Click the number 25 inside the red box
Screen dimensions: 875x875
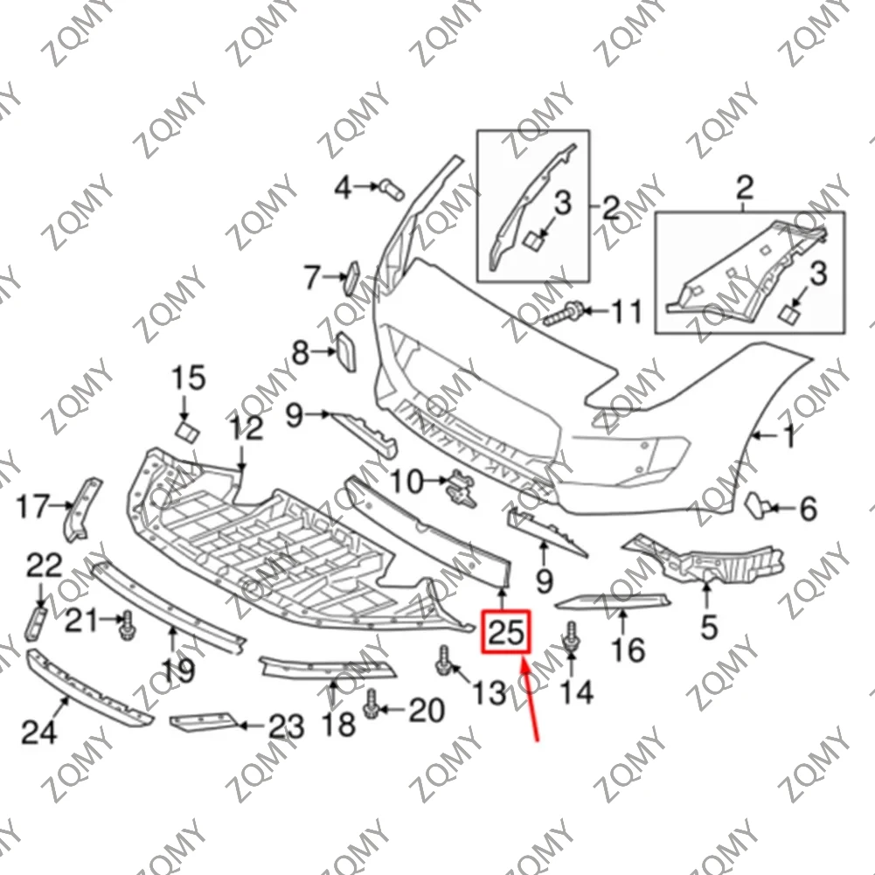click(506, 630)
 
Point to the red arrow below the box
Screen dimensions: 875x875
click(531, 699)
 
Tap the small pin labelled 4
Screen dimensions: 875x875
click(390, 186)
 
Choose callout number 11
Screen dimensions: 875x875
click(625, 311)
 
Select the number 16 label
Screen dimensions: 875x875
click(628, 649)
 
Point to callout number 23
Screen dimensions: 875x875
click(286, 726)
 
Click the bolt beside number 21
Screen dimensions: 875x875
click(128, 623)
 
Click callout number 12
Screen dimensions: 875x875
click(246, 429)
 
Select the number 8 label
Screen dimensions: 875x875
click(301, 353)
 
